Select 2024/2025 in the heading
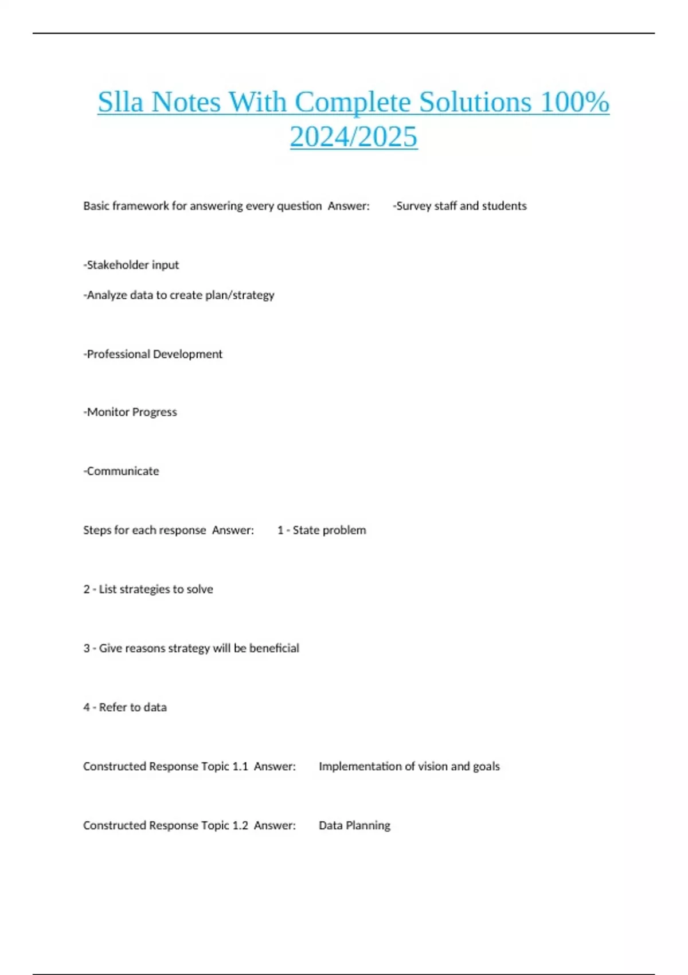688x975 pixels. [x=354, y=137]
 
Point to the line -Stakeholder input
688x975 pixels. [x=131, y=265]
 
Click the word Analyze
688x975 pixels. [x=107, y=295]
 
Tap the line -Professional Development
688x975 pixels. [x=153, y=354]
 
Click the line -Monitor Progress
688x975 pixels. [x=130, y=412]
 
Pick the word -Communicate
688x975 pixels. [x=122, y=471]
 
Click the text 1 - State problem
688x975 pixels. [x=322, y=531]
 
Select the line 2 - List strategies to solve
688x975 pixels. [x=148, y=590]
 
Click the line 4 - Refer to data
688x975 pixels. [x=125, y=708]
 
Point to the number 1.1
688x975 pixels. [x=240, y=767]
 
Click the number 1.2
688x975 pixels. [x=240, y=826]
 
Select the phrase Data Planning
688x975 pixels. [x=354, y=826]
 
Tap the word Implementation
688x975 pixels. [x=352, y=767]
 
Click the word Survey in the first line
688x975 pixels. [x=413, y=206]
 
